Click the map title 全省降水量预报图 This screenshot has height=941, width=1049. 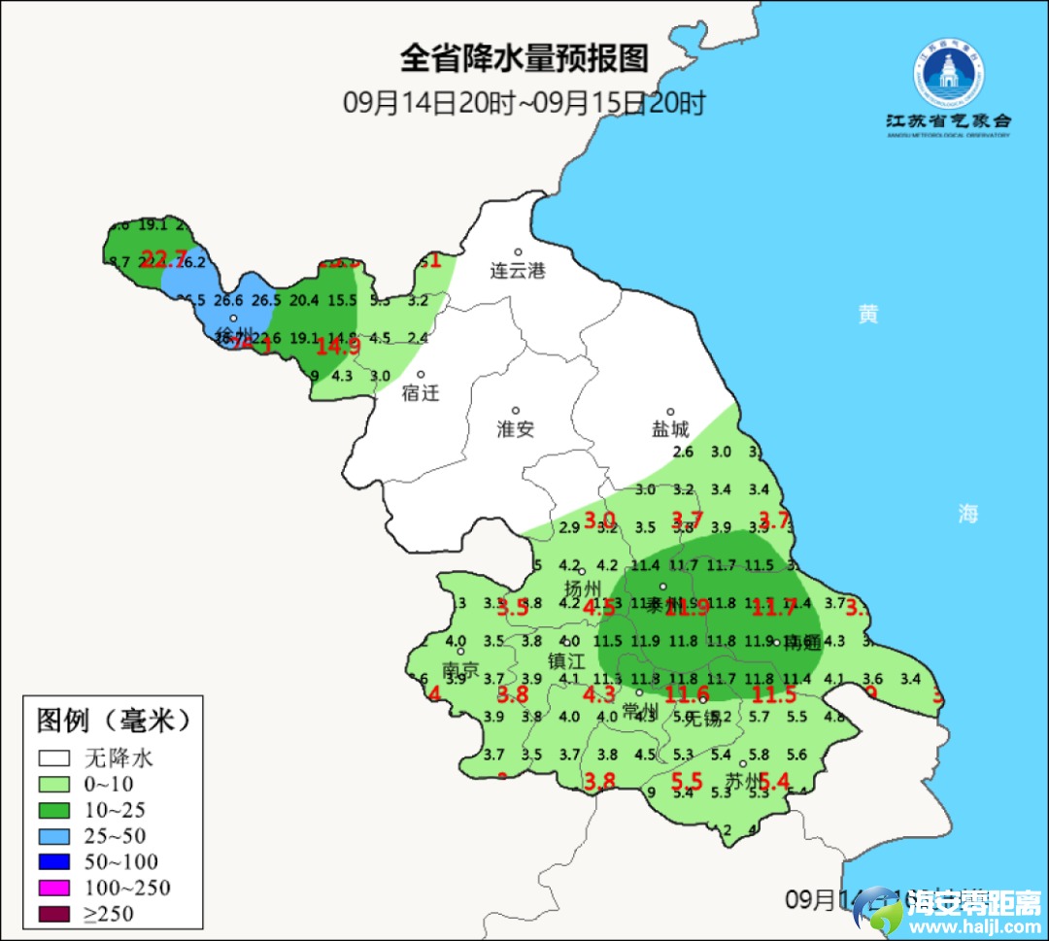(524, 58)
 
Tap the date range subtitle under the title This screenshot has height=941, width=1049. (524, 102)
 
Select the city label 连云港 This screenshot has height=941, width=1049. (518, 271)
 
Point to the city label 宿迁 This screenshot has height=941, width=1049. (421, 393)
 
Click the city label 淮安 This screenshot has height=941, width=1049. (516, 429)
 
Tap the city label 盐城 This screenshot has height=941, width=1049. (669, 429)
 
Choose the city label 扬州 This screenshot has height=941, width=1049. (584, 588)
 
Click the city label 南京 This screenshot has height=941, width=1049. (460, 670)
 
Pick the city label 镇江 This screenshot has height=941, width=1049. (566, 660)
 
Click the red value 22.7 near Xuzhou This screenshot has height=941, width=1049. (164, 258)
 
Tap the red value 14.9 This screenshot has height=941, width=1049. (339, 345)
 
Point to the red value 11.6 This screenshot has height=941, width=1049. (687, 693)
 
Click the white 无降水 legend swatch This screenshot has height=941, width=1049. (54, 757)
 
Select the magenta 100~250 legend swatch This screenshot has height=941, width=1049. (54, 887)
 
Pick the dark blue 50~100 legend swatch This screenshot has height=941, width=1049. (54, 861)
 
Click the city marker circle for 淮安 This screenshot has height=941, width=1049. (516, 411)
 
